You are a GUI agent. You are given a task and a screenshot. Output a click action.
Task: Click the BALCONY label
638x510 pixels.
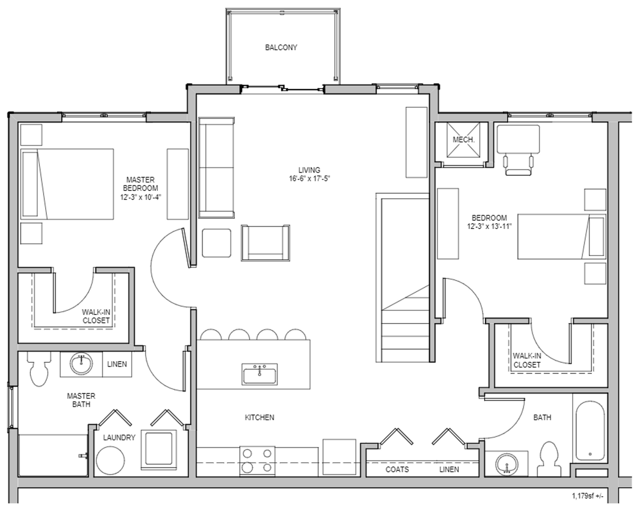pyautogui.click(x=281, y=48)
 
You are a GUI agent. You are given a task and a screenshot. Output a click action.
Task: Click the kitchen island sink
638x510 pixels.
pyautogui.click(x=259, y=374)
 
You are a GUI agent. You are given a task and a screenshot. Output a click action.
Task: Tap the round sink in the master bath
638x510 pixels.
pyautogui.click(x=81, y=364)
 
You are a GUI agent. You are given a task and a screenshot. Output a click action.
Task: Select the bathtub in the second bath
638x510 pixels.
pyautogui.click(x=590, y=430)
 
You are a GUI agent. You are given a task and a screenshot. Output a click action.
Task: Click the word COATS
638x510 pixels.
pyautogui.click(x=397, y=470)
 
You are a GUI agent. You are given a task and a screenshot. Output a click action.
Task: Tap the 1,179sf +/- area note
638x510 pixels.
pyautogui.click(x=589, y=496)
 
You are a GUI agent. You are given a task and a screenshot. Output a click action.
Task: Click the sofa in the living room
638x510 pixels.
pyautogui.click(x=216, y=168)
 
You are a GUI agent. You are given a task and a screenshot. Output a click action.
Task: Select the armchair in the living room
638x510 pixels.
pyautogui.click(x=265, y=243)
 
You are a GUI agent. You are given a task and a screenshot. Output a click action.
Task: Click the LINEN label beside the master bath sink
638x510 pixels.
pyautogui.click(x=116, y=364)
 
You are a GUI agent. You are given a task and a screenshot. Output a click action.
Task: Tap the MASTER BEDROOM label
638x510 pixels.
pyautogui.click(x=140, y=188)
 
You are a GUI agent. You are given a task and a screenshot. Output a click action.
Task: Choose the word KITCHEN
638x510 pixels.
pyautogui.click(x=259, y=418)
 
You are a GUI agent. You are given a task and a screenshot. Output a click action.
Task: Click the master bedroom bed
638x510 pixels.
pyautogui.click(x=68, y=184)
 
